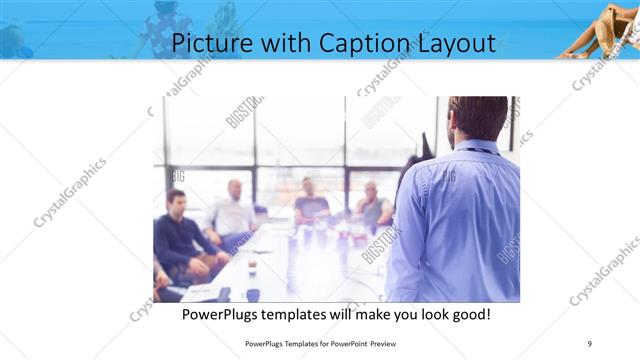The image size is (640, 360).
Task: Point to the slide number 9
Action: pyautogui.click(x=590, y=342)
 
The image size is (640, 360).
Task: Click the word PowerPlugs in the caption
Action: pyautogui.click(x=223, y=314)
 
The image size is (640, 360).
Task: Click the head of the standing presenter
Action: pyautogui.click(x=477, y=117)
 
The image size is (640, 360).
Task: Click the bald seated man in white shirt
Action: pyautogui.click(x=234, y=212)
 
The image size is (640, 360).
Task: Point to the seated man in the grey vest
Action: pyautogui.click(x=372, y=207)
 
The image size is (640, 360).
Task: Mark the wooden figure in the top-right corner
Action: pyautogui.click(x=602, y=27)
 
